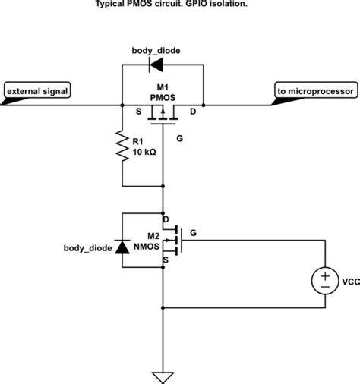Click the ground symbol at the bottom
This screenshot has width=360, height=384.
(163, 376)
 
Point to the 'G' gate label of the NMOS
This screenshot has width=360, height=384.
(193, 232)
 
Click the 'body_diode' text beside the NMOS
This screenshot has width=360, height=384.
(85, 248)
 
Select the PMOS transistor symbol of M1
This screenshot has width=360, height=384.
(163, 113)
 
